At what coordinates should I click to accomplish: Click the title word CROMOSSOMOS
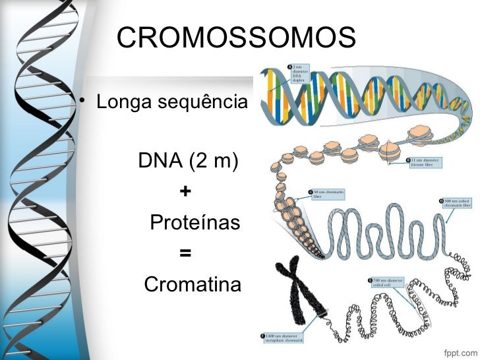click(x=237, y=38)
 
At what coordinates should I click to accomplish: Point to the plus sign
click(x=185, y=191)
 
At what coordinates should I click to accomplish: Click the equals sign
click(x=185, y=253)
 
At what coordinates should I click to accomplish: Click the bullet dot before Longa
click(x=82, y=101)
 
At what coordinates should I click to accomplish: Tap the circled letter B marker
click(x=408, y=159)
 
